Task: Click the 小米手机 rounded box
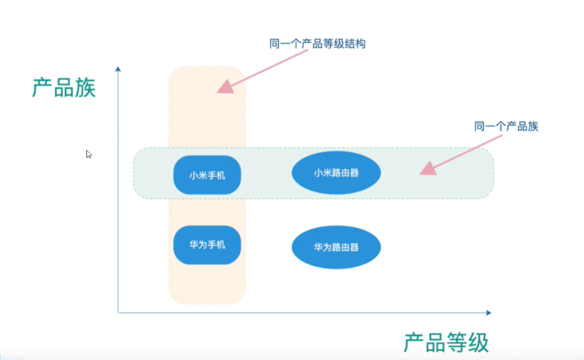(207, 176)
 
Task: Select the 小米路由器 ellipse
(336, 173)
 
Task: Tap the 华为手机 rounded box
(207, 245)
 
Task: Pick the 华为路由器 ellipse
(336, 247)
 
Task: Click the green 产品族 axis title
(64, 88)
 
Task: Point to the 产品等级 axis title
(446, 343)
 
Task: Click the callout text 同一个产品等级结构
(317, 44)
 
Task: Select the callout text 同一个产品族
(506, 126)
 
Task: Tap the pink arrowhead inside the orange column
(225, 87)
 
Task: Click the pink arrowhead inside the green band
(428, 168)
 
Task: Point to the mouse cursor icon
(88, 154)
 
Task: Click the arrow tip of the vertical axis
(118, 68)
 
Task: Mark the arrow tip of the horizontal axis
(489, 313)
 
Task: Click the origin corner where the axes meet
(118, 313)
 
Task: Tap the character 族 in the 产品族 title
(85, 88)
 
